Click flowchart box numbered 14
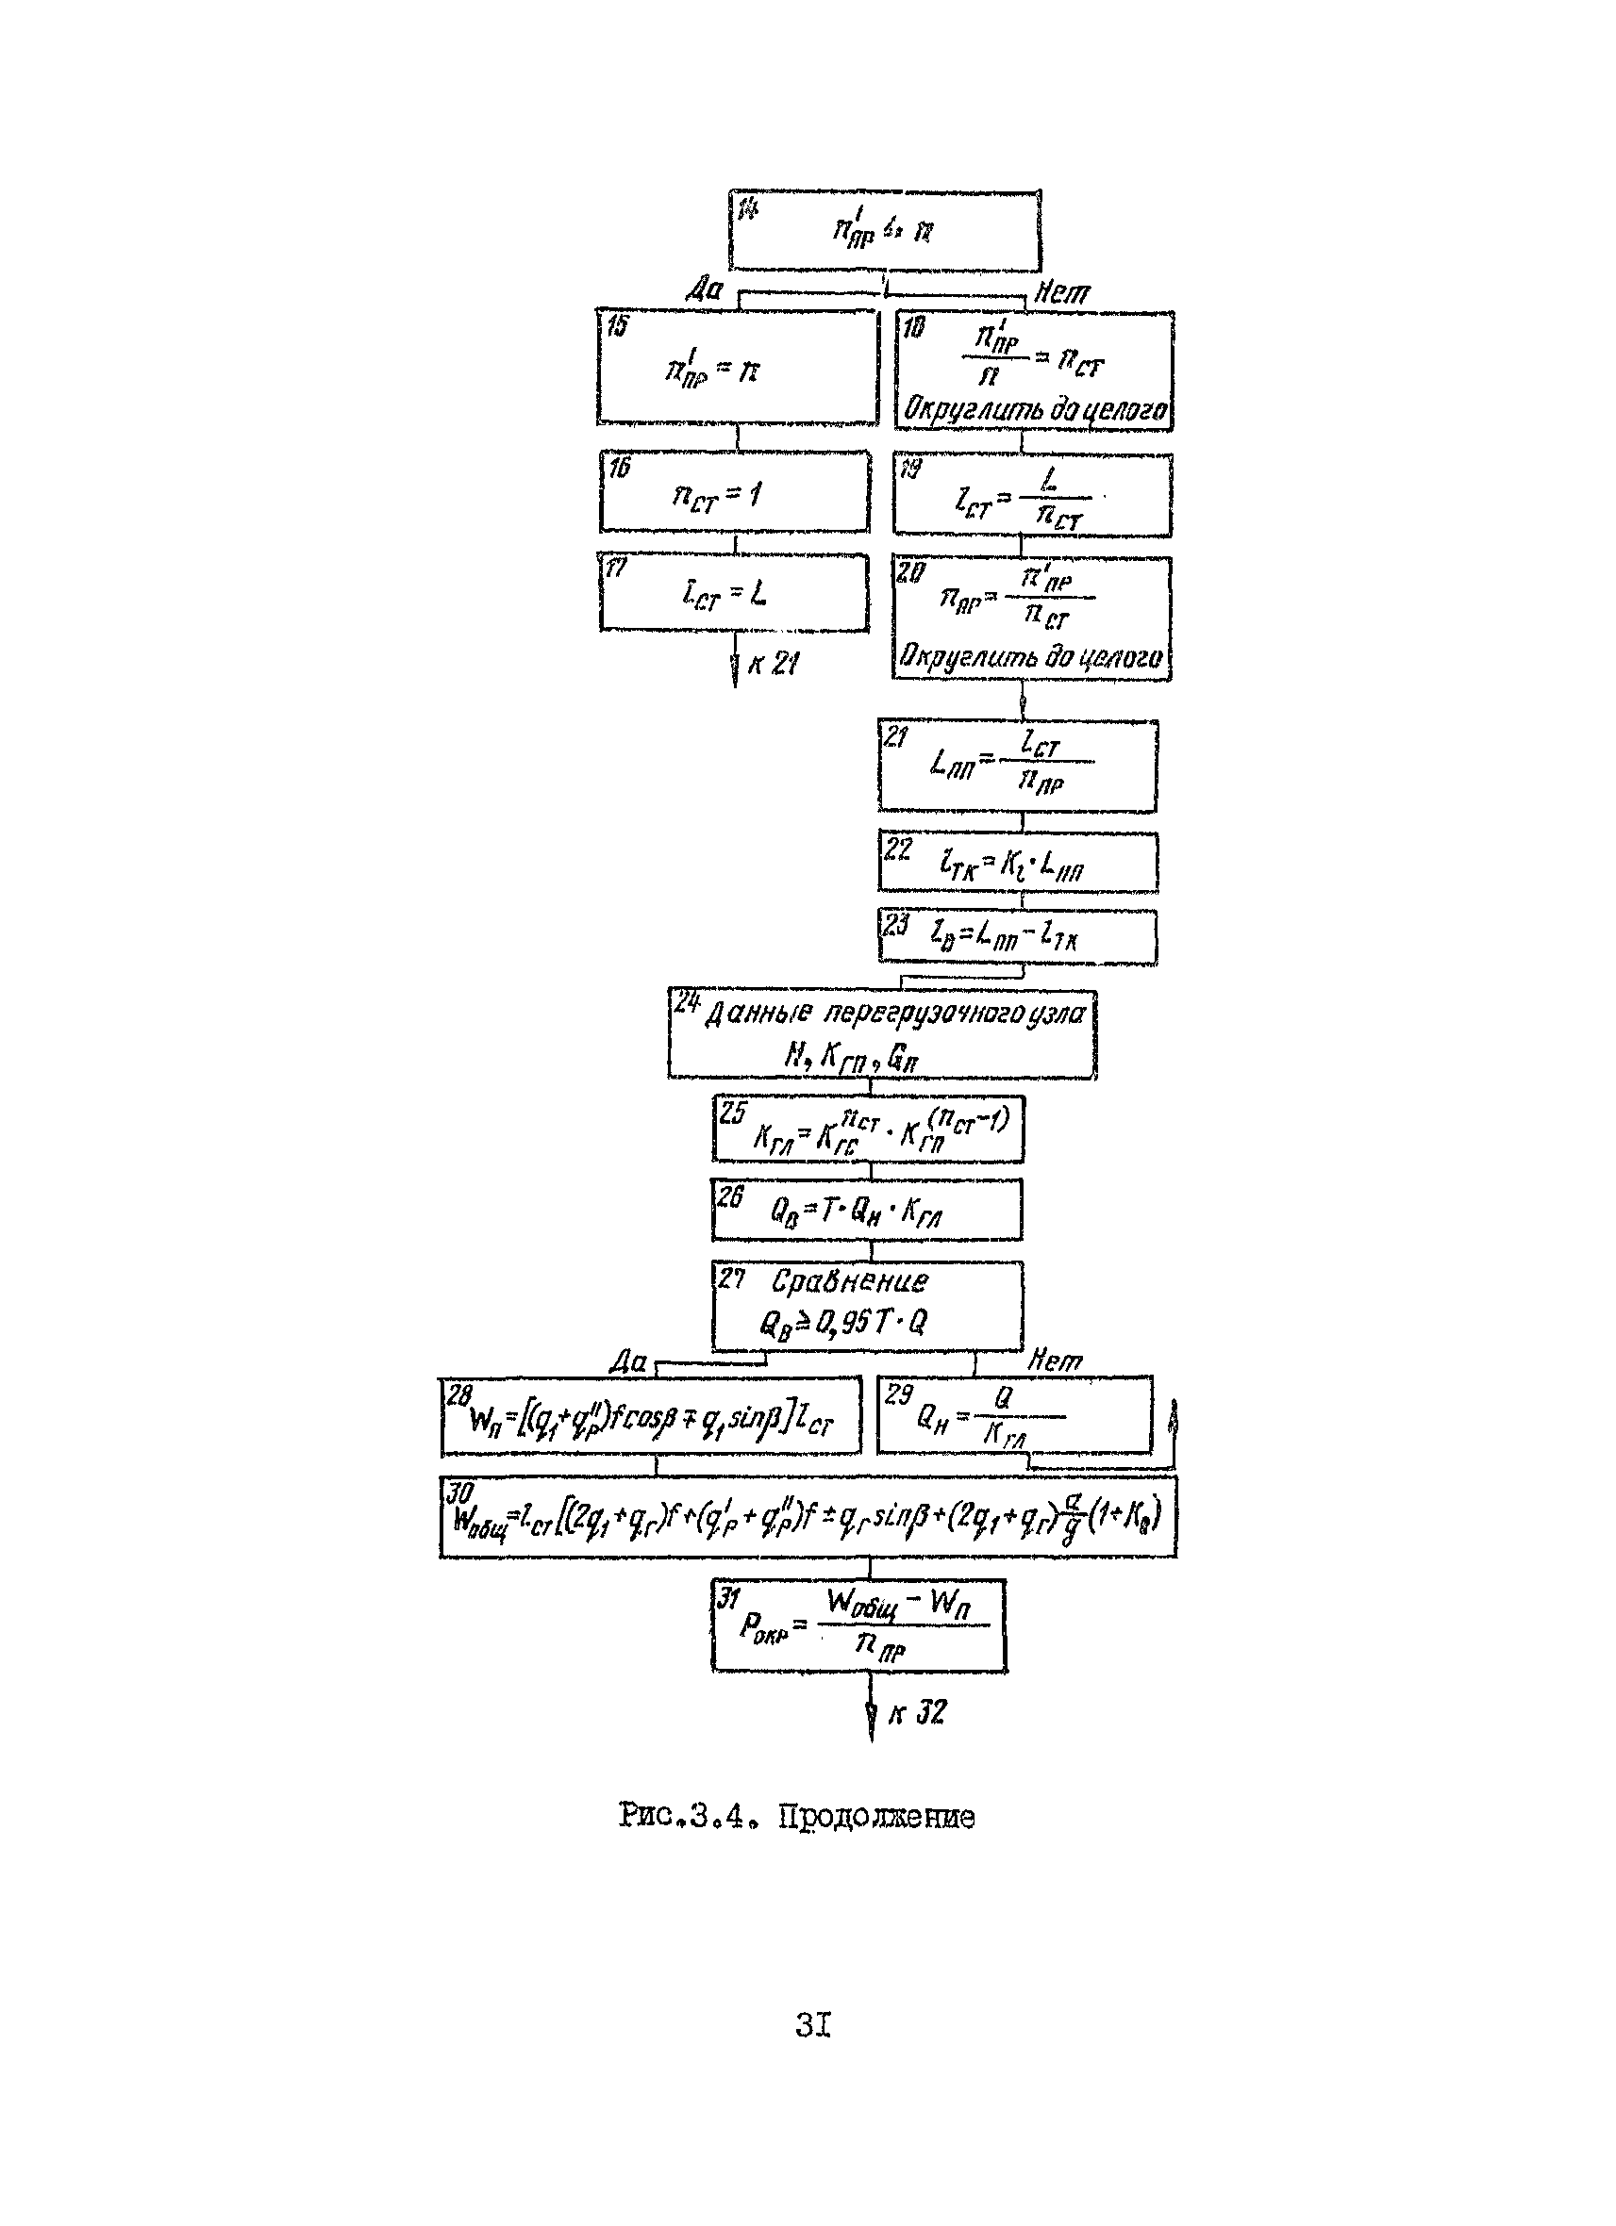884,231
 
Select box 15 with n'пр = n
737,368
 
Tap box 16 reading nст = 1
734,493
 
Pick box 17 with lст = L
733,593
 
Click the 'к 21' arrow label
772,665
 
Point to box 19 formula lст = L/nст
1031,496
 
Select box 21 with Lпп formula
1017,766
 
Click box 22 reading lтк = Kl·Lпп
1017,863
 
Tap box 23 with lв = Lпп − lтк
1017,937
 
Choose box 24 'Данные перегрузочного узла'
881,1034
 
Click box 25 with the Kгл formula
868,1129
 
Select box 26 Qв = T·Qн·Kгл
866,1210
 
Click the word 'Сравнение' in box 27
848,1282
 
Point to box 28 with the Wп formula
650,1415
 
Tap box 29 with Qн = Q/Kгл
1013,1415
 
